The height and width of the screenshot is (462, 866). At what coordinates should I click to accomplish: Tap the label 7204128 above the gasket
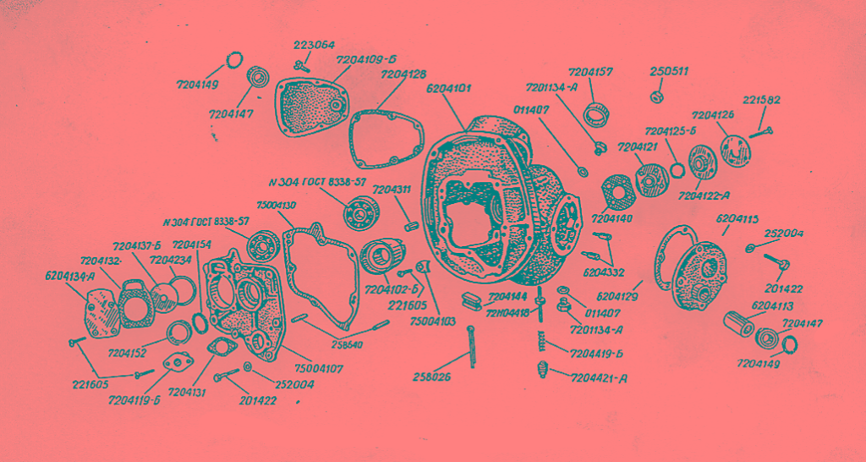tap(403, 75)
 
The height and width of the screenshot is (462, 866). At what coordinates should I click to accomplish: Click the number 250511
tap(669, 72)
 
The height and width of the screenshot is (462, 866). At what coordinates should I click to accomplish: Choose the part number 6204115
tap(737, 219)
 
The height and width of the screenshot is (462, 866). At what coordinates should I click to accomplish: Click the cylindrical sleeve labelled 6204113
tap(742, 324)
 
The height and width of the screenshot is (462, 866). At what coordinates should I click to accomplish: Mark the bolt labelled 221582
tap(762, 132)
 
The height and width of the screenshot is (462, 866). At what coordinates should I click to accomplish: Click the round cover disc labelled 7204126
tap(735, 151)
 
